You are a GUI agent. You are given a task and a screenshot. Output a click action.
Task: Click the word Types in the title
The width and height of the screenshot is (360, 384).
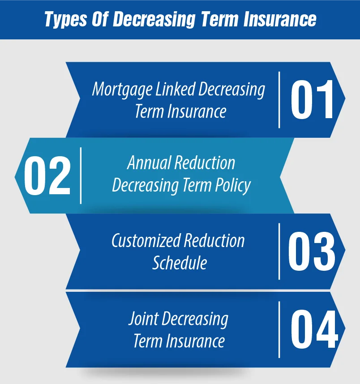click(x=65, y=19)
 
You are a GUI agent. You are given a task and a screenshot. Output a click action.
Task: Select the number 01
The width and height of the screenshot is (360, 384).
click(x=313, y=100)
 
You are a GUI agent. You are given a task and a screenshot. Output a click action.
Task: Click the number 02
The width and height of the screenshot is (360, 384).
click(x=47, y=176)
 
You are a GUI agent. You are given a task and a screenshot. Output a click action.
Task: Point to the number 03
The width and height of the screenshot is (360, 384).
click(x=312, y=252)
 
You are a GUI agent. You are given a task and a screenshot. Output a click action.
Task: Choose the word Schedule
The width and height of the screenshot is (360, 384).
click(x=180, y=263)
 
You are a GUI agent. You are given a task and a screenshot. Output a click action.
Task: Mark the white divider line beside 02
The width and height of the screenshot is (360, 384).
click(x=81, y=175)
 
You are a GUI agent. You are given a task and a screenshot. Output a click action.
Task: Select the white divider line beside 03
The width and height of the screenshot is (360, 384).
click(x=280, y=252)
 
